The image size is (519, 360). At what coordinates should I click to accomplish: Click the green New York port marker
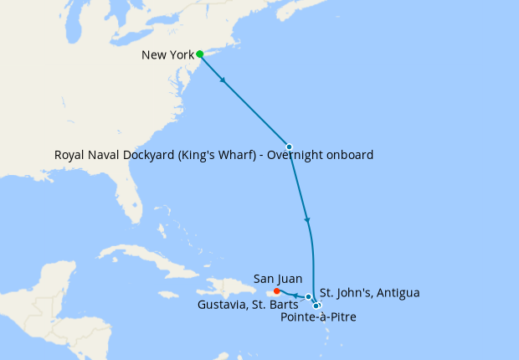pyautogui.click(x=199, y=54)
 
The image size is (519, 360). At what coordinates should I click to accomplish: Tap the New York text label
pyautogui.click(x=167, y=55)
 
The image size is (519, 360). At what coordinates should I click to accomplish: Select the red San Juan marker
pyautogui.click(x=277, y=291)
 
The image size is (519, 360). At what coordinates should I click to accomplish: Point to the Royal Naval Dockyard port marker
pyautogui.click(x=289, y=147)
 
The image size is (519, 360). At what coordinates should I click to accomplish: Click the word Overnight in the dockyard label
pyautogui.click(x=303, y=155)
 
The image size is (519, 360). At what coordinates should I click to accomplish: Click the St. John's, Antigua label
pyautogui.click(x=370, y=292)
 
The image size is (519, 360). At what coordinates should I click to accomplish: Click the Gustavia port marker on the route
pyautogui.click(x=309, y=296)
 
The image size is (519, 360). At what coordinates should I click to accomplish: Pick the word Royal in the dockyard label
pyautogui.click(x=70, y=155)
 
